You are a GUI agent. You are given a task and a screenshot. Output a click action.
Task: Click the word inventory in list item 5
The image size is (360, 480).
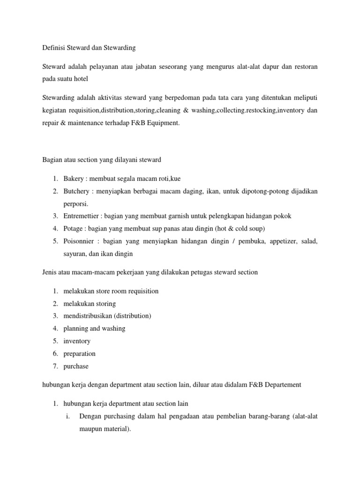tap(77, 341)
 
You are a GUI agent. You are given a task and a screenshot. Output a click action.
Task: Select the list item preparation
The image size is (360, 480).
tap(79, 353)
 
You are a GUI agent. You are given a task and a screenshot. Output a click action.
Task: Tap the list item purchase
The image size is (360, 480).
tap(76, 366)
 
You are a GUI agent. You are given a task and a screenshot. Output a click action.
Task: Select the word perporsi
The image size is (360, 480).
tap(75, 204)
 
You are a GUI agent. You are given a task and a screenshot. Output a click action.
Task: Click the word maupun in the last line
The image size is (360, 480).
tap(90, 428)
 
